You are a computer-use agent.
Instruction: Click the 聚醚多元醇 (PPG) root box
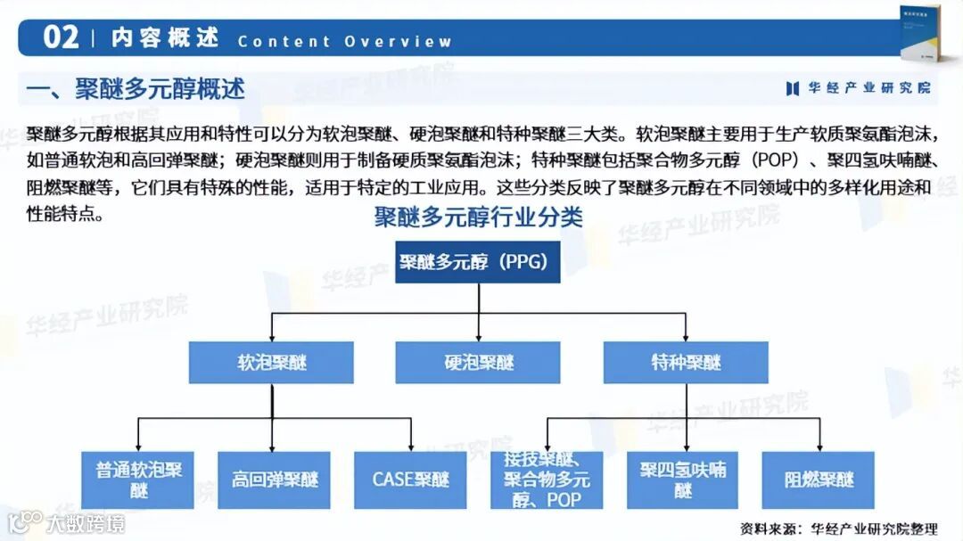click(478, 262)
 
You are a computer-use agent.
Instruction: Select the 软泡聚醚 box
click(271, 363)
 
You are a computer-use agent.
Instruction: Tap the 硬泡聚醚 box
click(478, 363)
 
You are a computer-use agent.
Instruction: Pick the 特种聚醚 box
click(686, 363)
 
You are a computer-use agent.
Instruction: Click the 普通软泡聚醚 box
click(139, 480)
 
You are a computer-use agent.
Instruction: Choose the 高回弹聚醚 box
click(274, 480)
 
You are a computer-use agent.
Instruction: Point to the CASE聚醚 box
click(410, 480)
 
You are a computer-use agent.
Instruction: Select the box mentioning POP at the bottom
click(547, 480)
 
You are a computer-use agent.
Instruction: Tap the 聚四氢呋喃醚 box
click(683, 480)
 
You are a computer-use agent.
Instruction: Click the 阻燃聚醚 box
click(818, 480)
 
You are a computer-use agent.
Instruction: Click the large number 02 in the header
click(61, 37)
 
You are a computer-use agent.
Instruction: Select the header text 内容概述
click(165, 38)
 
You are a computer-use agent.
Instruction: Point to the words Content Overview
click(344, 41)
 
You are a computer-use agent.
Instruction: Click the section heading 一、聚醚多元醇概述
click(136, 89)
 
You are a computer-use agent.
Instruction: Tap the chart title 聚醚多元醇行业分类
click(478, 217)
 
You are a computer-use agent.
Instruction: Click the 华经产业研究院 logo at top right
click(858, 87)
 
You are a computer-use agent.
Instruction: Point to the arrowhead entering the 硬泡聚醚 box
click(479, 338)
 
